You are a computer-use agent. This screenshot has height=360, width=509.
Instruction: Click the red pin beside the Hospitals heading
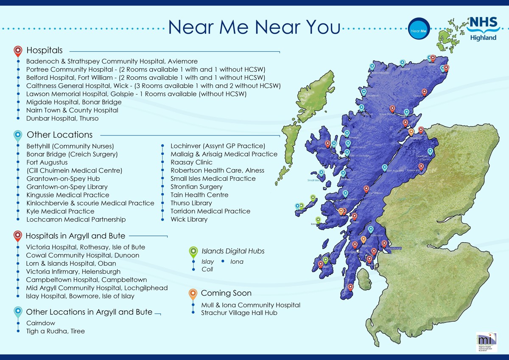tap(18, 51)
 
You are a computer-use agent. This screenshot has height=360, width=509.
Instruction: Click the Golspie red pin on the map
tap(424, 92)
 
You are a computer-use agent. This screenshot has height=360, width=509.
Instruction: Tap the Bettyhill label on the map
tap(405, 69)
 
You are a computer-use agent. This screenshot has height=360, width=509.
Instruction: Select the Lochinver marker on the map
tap(364, 92)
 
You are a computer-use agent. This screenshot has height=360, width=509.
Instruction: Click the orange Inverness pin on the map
tap(411, 132)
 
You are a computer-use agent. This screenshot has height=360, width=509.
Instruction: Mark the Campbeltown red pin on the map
tap(350, 288)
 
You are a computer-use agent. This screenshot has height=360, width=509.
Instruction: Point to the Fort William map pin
tap(366, 189)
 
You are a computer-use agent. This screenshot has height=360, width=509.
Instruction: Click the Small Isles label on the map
tap(313, 180)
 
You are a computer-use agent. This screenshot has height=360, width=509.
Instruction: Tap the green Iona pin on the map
tap(318, 219)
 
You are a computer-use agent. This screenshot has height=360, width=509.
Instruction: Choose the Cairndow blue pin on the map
tap(371, 229)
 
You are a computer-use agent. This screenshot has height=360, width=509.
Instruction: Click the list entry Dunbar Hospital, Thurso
tap(62, 118)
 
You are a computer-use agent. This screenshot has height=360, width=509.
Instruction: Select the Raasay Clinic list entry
tap(192, 162)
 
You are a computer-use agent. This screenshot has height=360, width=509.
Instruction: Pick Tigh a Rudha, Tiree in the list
tap(56, 331)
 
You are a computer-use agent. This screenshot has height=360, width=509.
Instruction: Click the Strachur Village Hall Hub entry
tap(239, 313)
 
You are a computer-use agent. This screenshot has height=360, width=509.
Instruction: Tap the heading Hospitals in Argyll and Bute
tap(76, 236)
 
